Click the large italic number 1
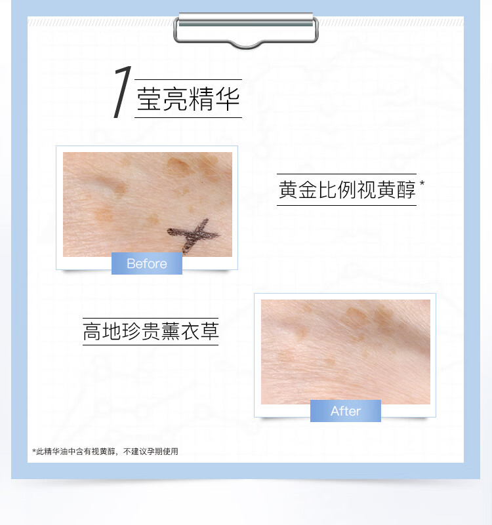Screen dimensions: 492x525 [122, 92]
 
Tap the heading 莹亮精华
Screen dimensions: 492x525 [188, 99]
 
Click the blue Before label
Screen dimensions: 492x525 [147, 263]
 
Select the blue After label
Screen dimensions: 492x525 [346, 411]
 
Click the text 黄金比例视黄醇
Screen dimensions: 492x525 [347, 189]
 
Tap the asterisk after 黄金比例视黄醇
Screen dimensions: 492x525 [422, 184]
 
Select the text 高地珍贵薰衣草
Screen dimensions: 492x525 [151, 332]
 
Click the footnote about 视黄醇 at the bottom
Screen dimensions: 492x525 [105, 452]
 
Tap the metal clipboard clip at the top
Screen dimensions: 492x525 [245, 29]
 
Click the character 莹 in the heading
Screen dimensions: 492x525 [149, 99]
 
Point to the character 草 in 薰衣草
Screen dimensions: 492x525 [209, 332]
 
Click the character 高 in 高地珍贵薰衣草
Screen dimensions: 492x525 [92, 332]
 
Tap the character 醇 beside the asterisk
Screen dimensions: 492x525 [406, 189]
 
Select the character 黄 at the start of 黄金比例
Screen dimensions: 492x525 [288, 189]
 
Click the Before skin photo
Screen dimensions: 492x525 [148, 204]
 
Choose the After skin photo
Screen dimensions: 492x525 [346, 351]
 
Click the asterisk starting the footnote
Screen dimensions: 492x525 [34, 451]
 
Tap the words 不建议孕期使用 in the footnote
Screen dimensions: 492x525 [151, 452]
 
